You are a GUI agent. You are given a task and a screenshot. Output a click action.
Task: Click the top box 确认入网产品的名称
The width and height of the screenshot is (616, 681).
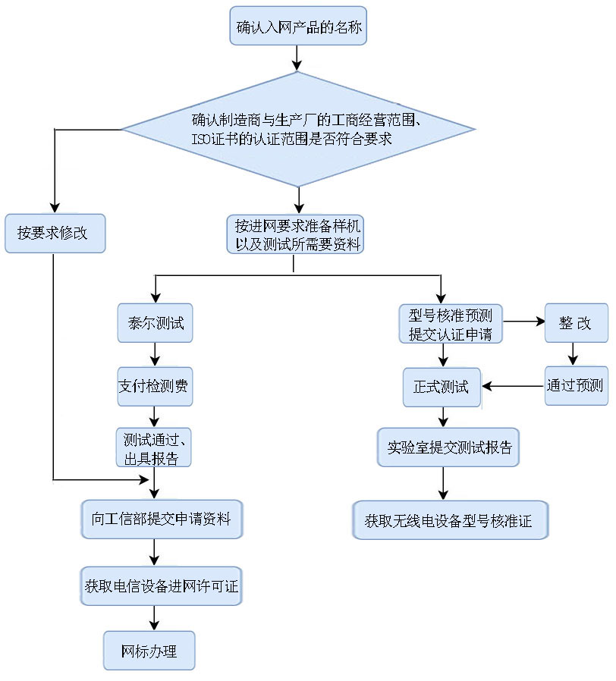pyautogui.click(x=299, y=30)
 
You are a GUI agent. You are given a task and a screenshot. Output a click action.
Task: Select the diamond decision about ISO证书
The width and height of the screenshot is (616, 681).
pyautogui.click(x=299, y=130)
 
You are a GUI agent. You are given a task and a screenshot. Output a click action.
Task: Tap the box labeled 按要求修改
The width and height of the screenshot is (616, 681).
pyautogui.click(x=54, y=233)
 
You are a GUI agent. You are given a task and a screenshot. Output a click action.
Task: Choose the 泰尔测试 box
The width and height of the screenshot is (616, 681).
pyautogui.click(x=156, y=324)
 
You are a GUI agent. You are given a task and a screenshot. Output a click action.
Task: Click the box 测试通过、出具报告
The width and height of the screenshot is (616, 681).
pyautogui.click(x=152, y=447)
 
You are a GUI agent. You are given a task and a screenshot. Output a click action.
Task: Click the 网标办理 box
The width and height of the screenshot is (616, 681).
pyautogui.click(x=149, y=651)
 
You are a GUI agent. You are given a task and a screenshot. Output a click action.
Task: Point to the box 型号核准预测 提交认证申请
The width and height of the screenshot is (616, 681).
pyautogui.click(x=451, y=324)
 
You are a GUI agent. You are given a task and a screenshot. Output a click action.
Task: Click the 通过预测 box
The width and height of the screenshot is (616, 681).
pyautogui.click(x=574, y=385)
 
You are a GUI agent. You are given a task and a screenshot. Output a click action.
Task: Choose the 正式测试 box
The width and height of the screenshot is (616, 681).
pyautogui.click(x=442, y=387)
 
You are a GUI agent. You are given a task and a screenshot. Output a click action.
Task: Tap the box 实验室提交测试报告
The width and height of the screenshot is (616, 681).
pyautogui.click(x=449, y=447)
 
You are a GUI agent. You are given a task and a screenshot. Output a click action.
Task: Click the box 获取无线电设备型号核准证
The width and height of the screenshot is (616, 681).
pyautogui.click(x=450, y=521)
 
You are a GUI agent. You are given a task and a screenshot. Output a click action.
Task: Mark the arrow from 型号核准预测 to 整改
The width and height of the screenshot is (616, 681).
pyautogui.click(x=523, y=322)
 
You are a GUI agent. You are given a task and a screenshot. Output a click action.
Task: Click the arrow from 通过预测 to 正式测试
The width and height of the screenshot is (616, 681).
pyautogui.click(x=513, y=386)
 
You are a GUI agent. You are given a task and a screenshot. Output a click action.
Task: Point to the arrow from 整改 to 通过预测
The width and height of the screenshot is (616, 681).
pyautogui.click(x=574, y=354)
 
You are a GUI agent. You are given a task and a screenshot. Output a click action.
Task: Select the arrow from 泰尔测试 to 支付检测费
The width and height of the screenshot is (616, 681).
pyautogui.click(x=155, y=355)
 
